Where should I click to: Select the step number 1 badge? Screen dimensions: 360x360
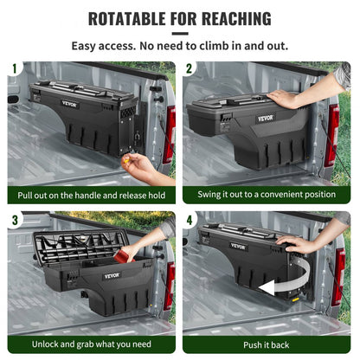(x=14, y=67)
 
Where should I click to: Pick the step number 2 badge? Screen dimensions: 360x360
(x=190, y=67)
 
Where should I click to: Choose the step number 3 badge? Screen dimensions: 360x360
(x=14, y=219)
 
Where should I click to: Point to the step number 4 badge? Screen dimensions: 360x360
(x=190, y=219)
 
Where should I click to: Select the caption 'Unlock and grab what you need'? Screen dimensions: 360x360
(x=91, y=345)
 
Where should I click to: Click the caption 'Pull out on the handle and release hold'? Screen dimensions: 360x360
(x=91, y=195)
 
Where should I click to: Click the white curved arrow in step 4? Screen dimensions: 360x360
(x=286, y=290)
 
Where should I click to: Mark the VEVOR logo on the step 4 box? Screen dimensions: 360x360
(x=237, y=247)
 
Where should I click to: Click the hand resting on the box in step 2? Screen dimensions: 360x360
(x=286, y=98)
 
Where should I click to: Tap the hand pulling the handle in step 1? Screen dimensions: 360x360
(x=139, y=164)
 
